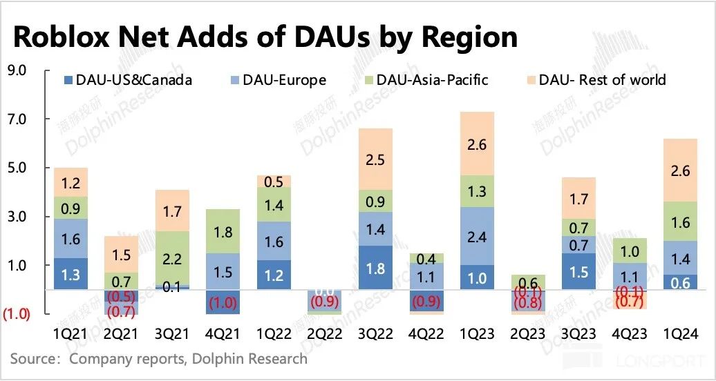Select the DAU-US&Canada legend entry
(x=129, y=79)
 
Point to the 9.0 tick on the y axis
(x=16, y=70)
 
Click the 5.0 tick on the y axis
(x=16, y=168)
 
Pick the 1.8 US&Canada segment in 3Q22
(x=376, y=268)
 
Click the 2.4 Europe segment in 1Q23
(x=478, y=236)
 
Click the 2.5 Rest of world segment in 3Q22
(x=376, y=159)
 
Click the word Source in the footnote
(x=32, y=358)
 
